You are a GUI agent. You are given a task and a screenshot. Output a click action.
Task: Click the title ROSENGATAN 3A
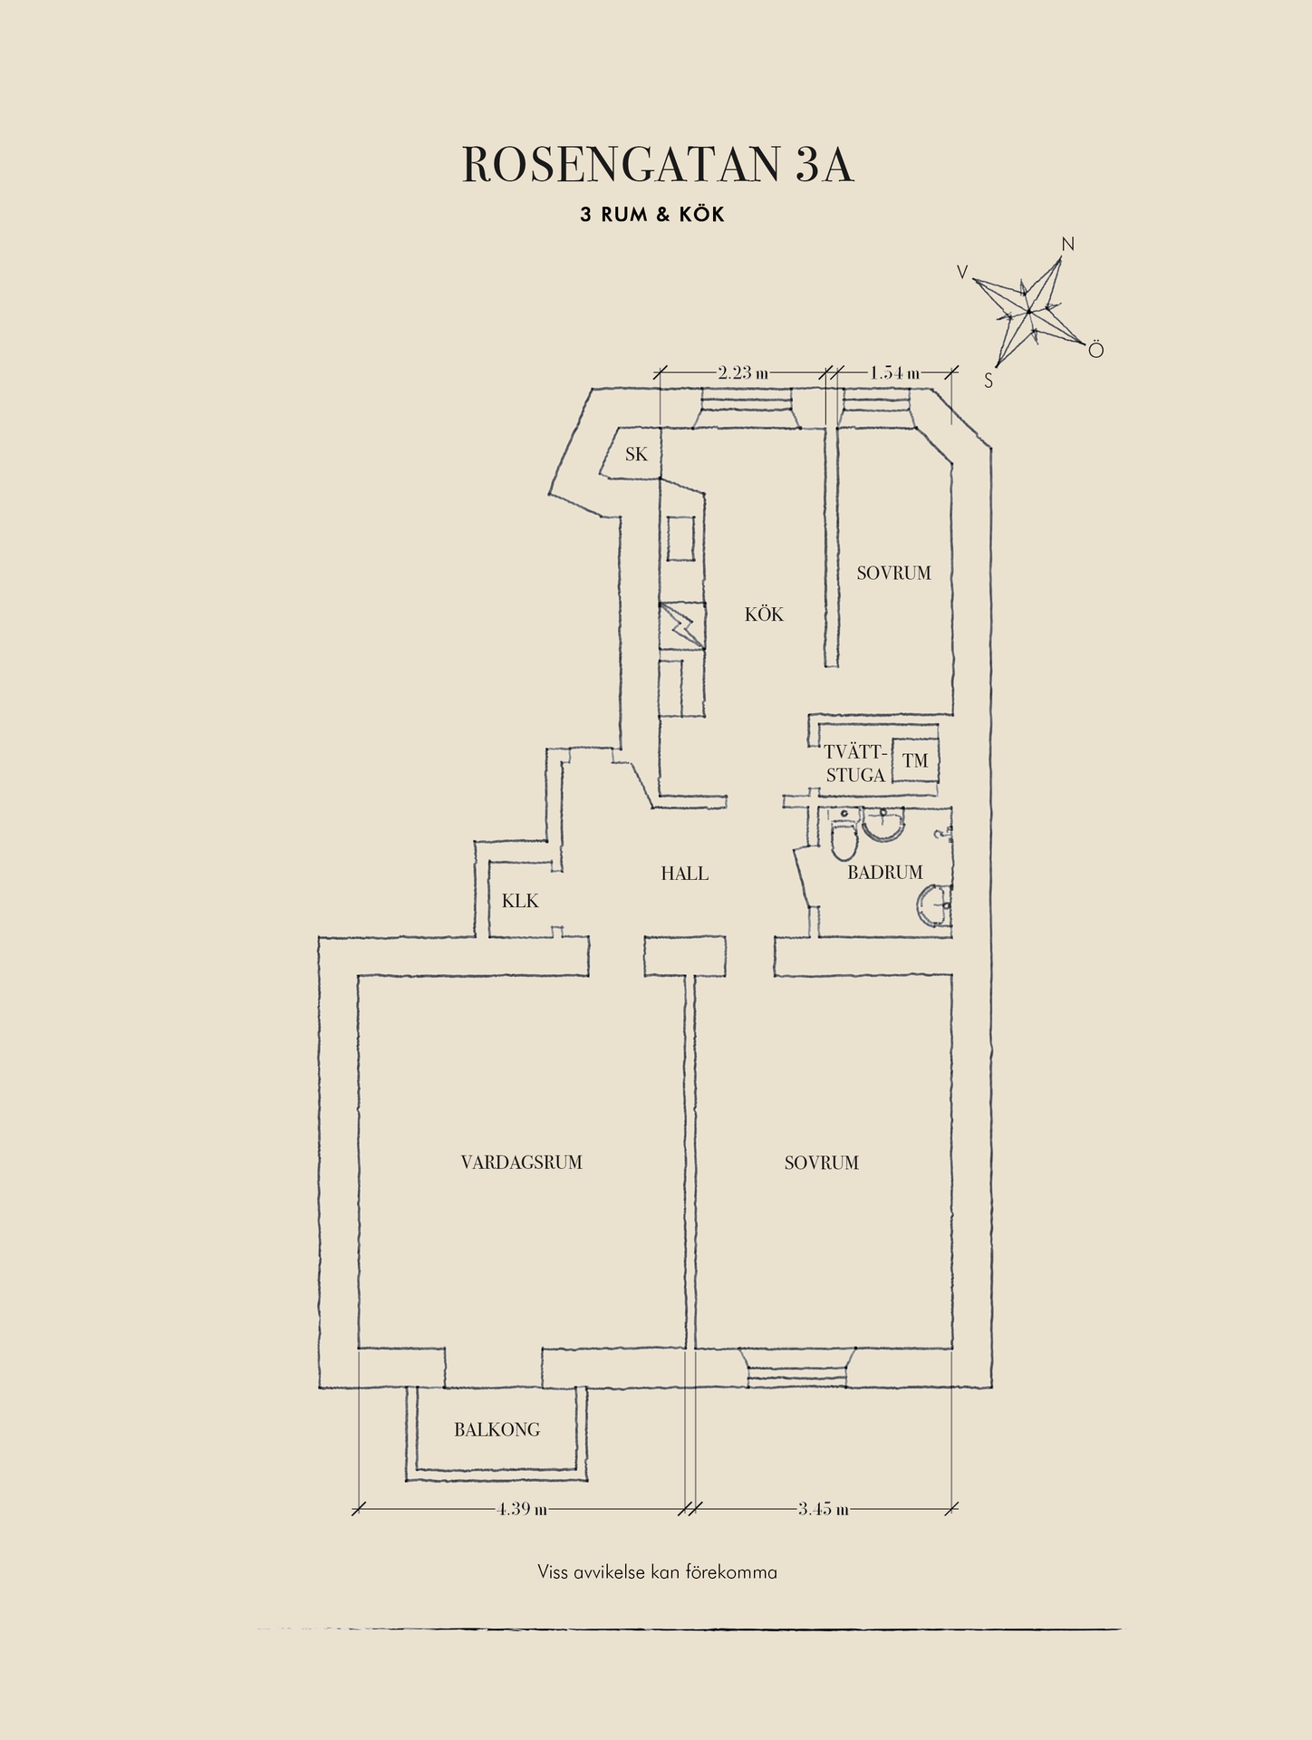[658, 165]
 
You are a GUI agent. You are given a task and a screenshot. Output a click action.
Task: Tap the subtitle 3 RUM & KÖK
[652, 216]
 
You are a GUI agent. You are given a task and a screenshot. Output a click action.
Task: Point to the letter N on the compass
[1067, 244]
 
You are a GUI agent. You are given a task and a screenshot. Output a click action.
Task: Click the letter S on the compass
[989, 382]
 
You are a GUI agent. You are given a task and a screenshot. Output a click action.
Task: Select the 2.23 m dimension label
[743, 372]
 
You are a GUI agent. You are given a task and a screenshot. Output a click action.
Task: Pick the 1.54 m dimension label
[894, 372]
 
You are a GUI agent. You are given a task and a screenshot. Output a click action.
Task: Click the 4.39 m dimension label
[522, 1509]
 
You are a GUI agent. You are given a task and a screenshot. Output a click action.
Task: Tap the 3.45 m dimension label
[824, 1509]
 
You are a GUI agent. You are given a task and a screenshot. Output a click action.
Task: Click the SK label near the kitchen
[637, 454]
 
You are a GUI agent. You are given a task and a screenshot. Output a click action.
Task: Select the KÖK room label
[764, 614]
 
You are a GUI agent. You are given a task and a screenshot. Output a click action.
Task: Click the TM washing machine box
[915, 760]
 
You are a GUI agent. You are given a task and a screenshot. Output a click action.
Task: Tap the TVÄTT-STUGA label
[854, 764]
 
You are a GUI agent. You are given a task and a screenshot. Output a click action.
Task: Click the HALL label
[684, 874]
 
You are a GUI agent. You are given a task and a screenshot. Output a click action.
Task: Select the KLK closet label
[520, 901]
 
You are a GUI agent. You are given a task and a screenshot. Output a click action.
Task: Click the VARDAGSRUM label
[522, 1162]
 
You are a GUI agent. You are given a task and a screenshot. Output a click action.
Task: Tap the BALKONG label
[497, 1430]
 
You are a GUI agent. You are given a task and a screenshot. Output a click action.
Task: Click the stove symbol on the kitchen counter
[681, 625]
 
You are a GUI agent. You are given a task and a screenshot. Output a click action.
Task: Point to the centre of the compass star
[1029, 313]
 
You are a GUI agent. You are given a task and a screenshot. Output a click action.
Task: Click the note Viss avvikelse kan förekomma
[657, 1572]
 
